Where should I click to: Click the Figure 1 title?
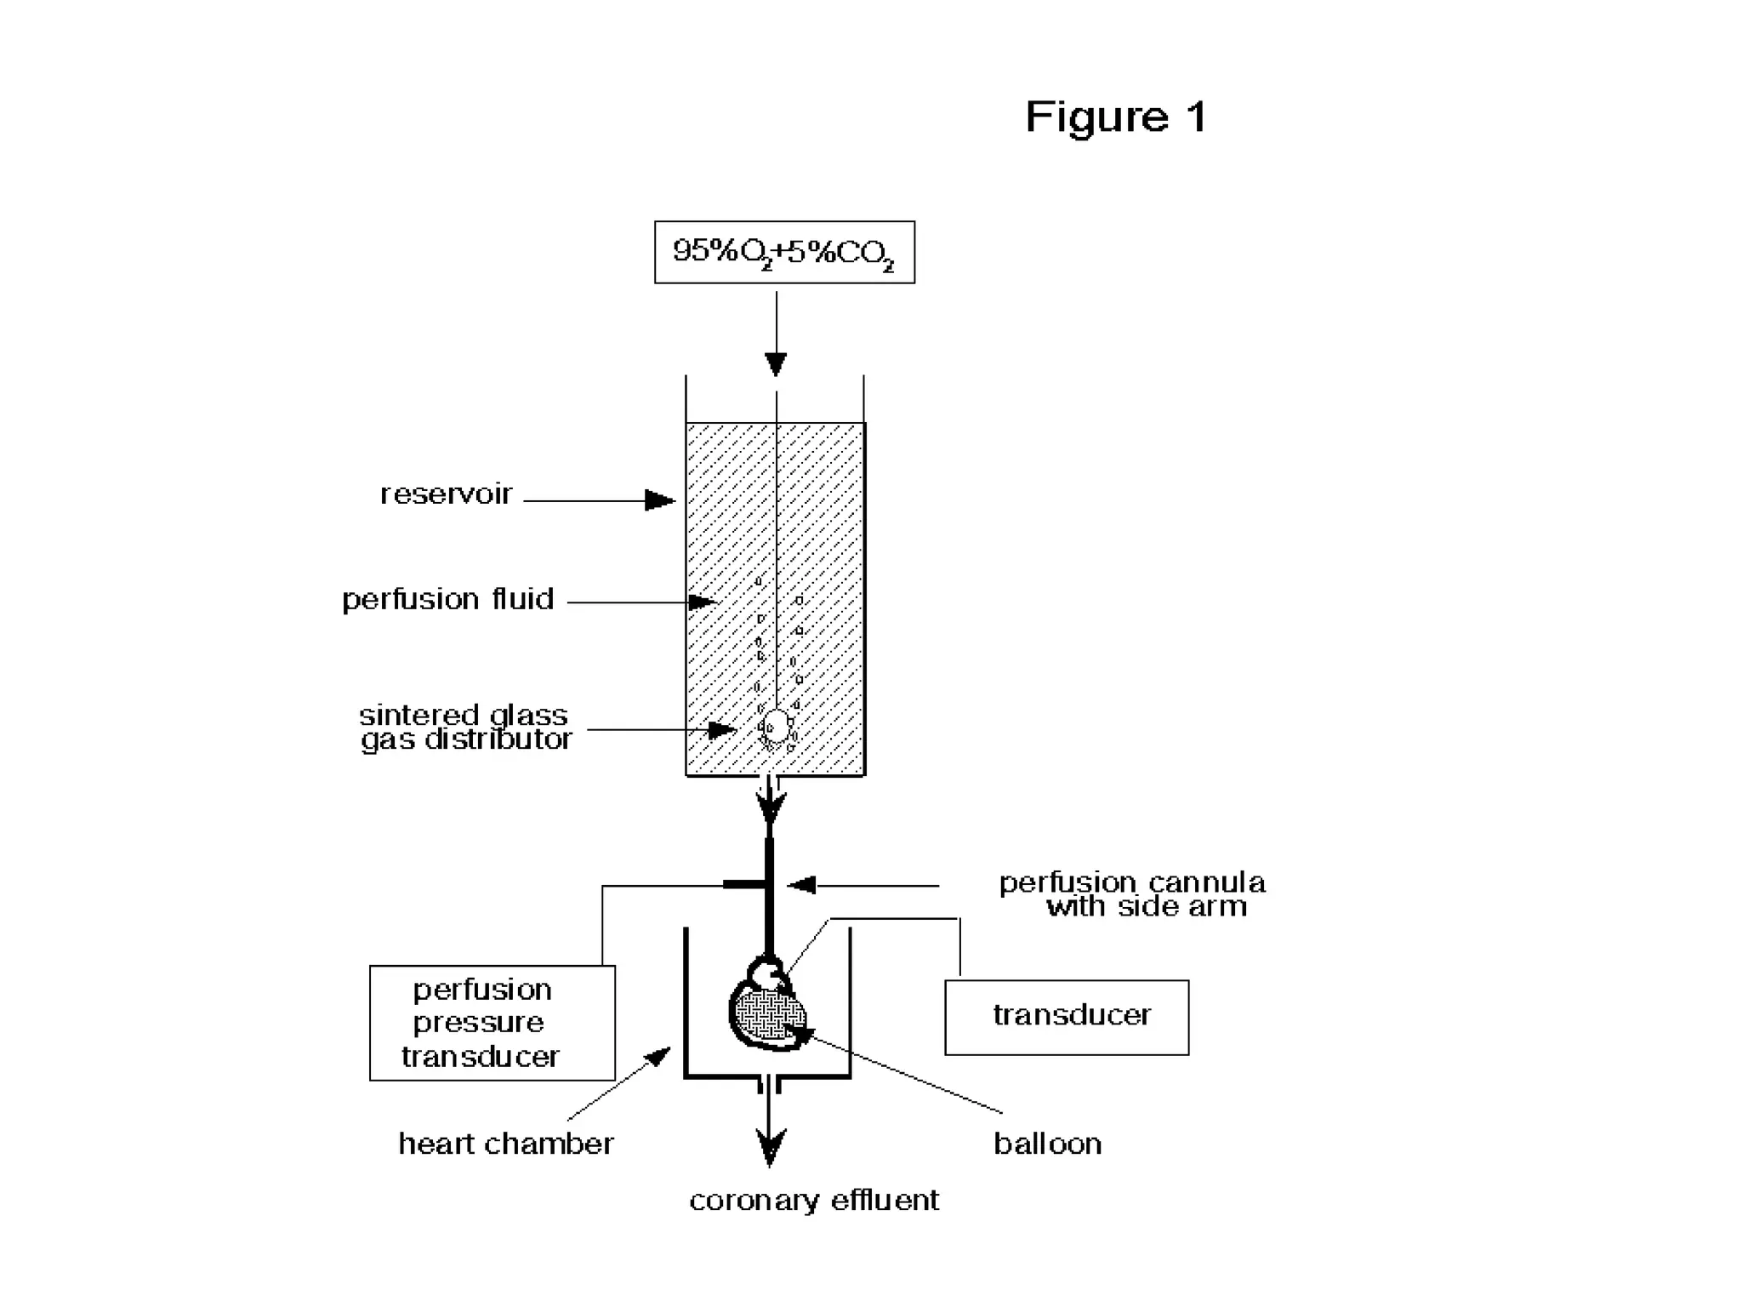pos(1115,117)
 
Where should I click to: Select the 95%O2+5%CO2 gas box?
pos(783,252)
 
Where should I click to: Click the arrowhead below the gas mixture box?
pos(776,363)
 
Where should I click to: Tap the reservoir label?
pos(446,494)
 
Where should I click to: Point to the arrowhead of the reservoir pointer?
pos(660,500)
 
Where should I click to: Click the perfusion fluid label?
pos(447,599)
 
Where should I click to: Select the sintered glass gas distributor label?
pos(465,727)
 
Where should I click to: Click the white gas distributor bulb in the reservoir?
pos(776,727)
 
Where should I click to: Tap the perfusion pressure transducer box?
pos(492,1022)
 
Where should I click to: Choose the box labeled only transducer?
pos(1067,1017)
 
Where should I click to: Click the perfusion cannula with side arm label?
pos(1132,893)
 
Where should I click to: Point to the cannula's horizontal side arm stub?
pos(744,885)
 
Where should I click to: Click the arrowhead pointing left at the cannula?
pos(801,886)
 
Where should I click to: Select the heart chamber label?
pos(506,1144)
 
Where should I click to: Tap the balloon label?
pos(1047,1144)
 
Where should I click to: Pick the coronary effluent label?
pos(814,1201)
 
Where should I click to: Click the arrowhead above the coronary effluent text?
pos(770,1147)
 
